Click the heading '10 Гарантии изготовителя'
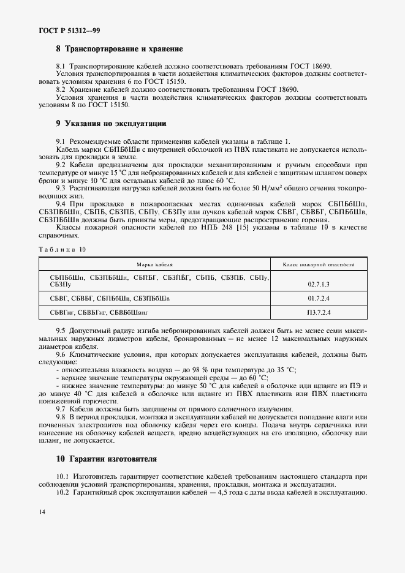point(106,459)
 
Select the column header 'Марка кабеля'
point(154,264)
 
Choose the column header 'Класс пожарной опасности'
point(319,264)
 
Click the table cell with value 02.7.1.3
point(319,285)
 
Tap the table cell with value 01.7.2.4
point(319,299)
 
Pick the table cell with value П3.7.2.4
point(319,313)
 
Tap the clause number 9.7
point(61,408)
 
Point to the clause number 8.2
point(61,89)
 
